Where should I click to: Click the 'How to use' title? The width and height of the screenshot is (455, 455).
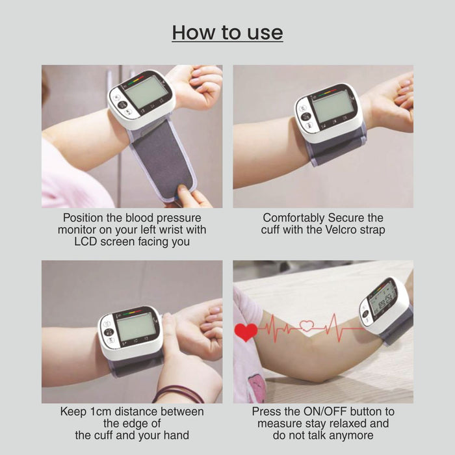(x=227, y=32)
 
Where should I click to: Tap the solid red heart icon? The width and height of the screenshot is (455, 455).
(x=246, y=331)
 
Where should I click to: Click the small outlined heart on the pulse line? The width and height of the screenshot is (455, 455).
(x=307, y=326)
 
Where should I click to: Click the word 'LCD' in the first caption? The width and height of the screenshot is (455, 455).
(x=86, y=242)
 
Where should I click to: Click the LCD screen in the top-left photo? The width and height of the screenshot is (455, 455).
(x=146, y=92)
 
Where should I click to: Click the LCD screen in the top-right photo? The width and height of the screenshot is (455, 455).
(x=333, y=107)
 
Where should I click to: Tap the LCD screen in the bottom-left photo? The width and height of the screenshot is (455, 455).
(x=136, y=328)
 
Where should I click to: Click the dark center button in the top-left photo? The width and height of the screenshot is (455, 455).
(x=122, y=105)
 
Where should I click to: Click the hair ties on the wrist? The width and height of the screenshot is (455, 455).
(x=178, y=394)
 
